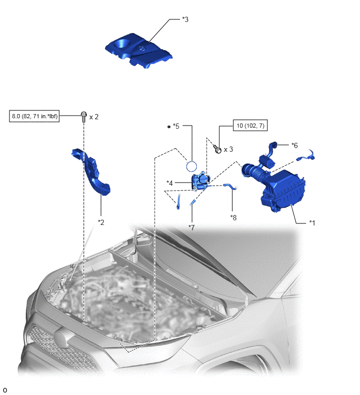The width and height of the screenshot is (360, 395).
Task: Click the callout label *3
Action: (185, 19)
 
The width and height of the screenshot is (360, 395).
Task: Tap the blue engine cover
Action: (139, 51)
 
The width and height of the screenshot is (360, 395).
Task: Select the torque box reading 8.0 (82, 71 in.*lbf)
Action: (34, 116)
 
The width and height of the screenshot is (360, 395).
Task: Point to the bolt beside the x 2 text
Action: (84, 116)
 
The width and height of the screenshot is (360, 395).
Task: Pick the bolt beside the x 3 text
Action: (217, 149)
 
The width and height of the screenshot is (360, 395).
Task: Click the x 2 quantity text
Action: (94, 117)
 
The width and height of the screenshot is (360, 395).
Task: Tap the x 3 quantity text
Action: (229, 150)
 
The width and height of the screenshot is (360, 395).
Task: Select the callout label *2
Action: (101, 222)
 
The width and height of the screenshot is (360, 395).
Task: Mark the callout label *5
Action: (176, 126)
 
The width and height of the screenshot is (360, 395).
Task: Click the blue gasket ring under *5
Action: (192, 166)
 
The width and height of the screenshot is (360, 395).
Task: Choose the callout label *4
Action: (170, 183)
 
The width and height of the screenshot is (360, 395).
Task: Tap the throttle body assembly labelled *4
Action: (201, 180)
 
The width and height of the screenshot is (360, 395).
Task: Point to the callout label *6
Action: (295, 145)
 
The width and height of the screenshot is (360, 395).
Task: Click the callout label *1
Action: (312, 223)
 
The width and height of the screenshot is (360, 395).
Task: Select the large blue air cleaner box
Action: (284, 190)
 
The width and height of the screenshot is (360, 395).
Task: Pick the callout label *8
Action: (233, 218)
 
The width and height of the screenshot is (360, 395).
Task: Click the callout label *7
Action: (192, 228)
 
